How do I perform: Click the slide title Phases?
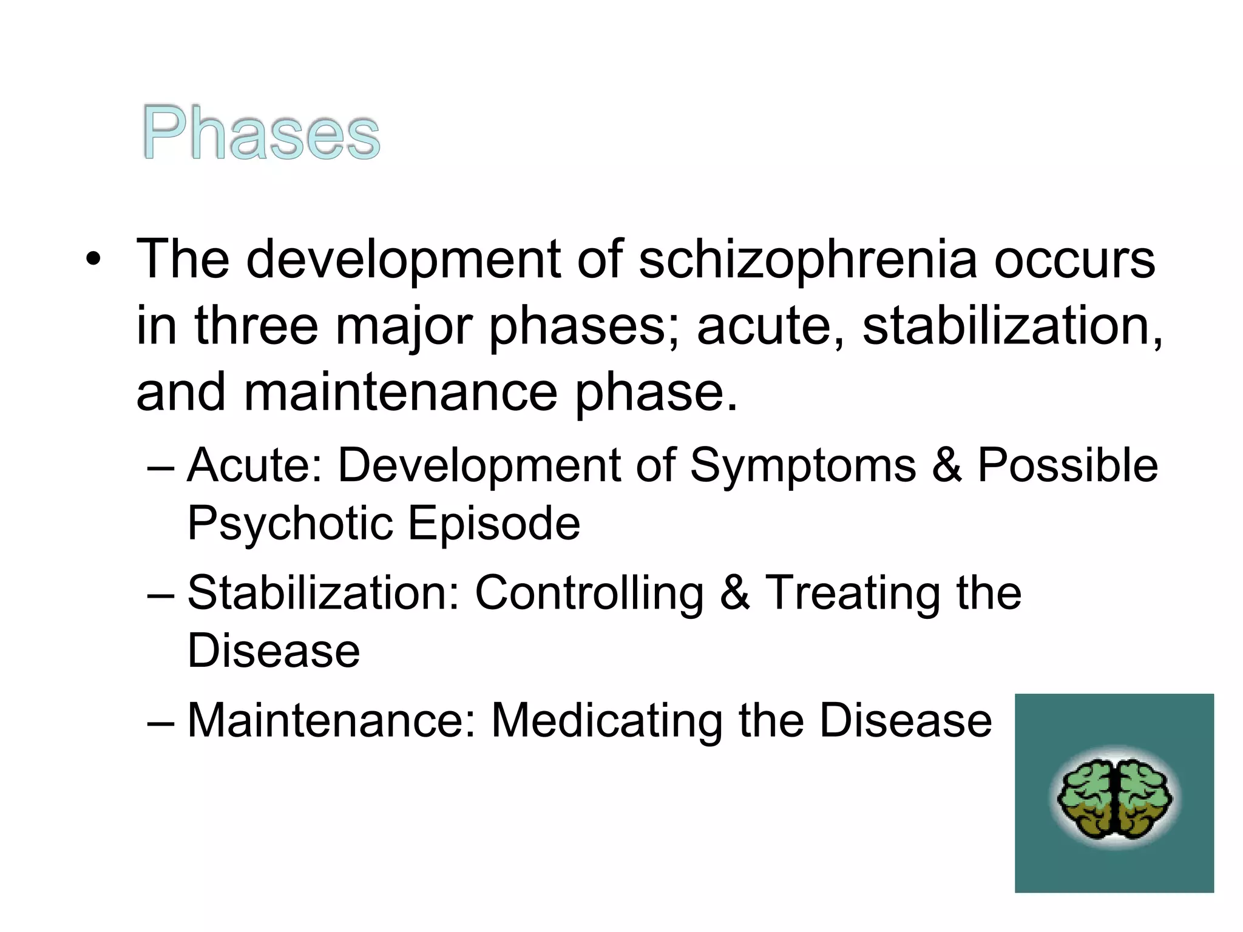[x=261, y=133]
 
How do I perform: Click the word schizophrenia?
[x=808, y=260]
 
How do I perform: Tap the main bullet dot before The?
[x=92, y=260]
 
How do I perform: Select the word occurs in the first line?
[x=1074, y=260]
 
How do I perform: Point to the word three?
[x=256, y=326]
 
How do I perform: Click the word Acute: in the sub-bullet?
[x=255, y=466]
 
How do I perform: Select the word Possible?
[x=1068, y=466]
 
